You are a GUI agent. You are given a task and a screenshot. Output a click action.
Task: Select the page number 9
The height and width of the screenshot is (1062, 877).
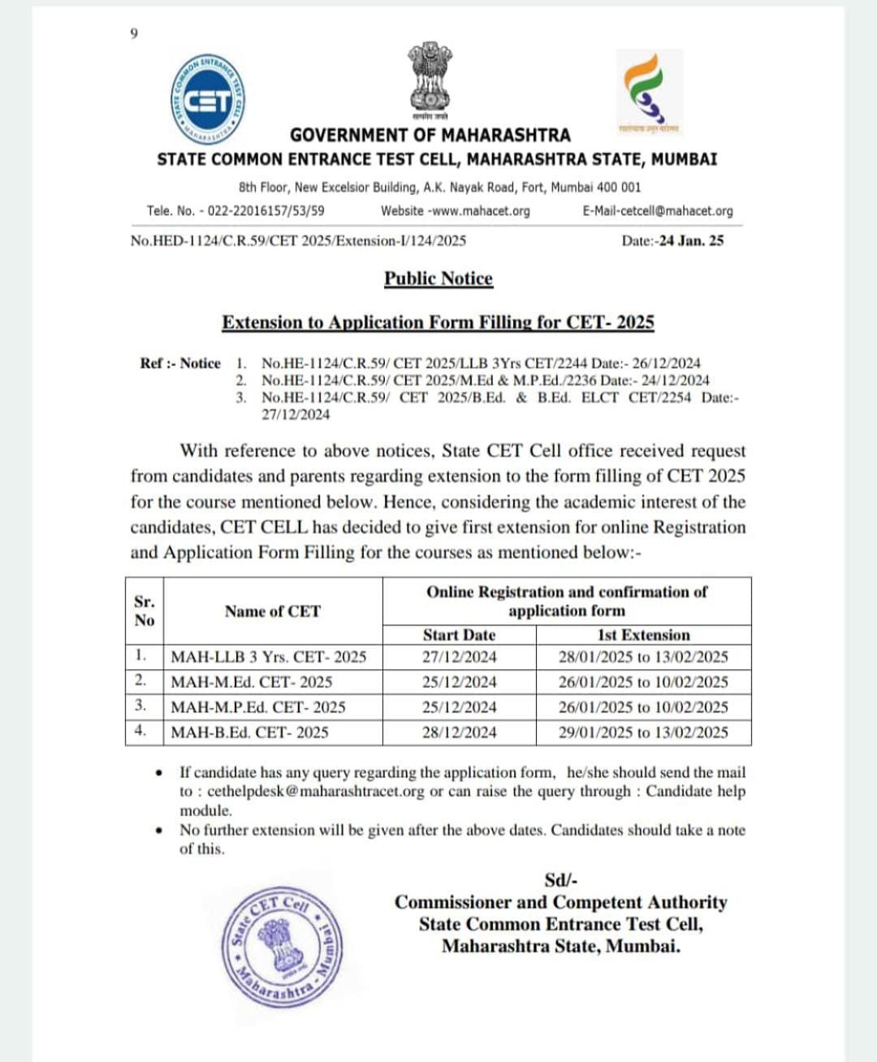coord(134,33)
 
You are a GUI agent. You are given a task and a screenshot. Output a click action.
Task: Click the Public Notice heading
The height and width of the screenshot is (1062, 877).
coord(438,278)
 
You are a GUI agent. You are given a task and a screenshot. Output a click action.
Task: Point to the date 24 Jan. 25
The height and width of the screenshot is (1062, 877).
coord(691,240)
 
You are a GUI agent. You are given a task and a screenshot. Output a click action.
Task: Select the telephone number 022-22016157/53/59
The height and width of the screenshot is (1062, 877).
coord(266,211)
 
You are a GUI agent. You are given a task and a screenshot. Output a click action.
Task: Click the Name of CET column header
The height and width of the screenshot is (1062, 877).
coord(273,611)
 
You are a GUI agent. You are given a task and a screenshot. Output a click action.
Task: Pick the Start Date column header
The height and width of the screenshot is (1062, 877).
coord(459,635)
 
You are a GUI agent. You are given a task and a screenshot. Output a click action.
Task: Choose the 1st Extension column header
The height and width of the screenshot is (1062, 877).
coord(643,635)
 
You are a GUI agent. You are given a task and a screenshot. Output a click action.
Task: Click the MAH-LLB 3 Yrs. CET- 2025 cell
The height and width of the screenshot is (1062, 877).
coord(269,657)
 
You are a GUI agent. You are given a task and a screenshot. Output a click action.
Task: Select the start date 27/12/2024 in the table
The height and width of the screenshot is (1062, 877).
coord(459,657)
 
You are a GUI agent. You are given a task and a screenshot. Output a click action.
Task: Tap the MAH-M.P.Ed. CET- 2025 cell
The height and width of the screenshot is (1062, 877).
coord(258,707)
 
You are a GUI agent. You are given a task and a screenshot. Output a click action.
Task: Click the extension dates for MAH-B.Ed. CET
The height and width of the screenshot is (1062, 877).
coord(643,732)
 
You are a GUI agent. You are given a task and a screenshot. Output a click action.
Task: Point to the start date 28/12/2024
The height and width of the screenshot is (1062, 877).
coord(459,732)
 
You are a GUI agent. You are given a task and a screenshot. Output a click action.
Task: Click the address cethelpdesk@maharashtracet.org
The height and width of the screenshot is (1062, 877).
coord(315,792)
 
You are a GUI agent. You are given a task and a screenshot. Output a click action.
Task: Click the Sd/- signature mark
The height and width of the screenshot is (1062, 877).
coord(561,880)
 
